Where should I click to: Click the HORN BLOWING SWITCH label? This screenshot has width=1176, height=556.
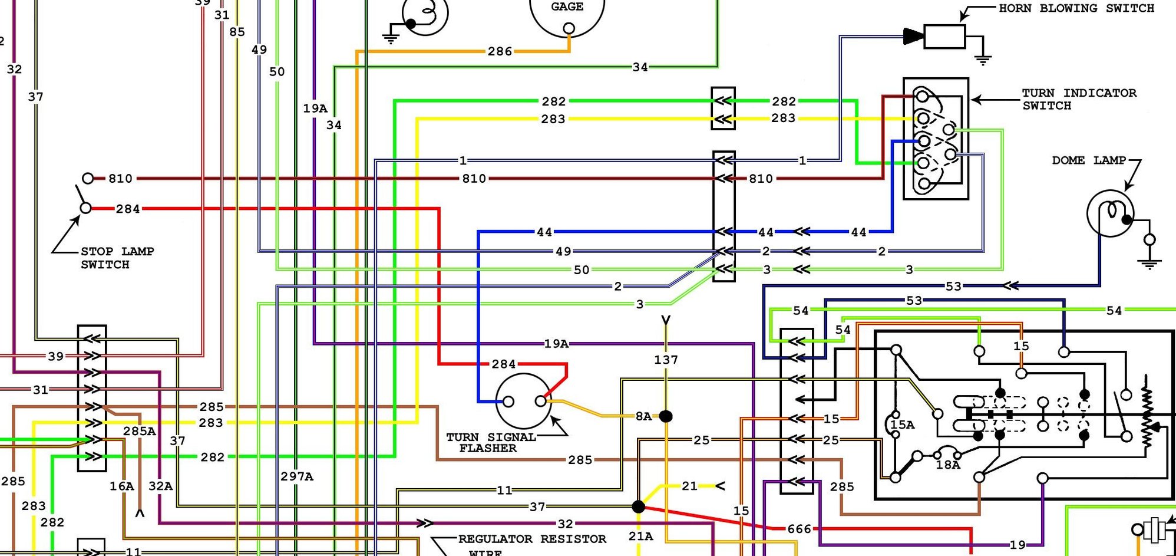click(x=1076, y=8)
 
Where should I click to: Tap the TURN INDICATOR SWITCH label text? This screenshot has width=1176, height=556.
click(x=1078, y=99)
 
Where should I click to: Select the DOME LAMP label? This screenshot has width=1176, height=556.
click(x=1088, y=160)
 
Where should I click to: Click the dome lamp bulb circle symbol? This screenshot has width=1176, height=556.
click(x=1110, y=213)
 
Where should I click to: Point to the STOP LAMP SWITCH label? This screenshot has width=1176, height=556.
click(x=117, y=258)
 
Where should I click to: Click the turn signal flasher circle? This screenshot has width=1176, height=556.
click(x=524, y=402)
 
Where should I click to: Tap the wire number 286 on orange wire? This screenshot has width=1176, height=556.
click(x=500, y=52)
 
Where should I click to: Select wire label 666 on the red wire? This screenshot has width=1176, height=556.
click(x=799, y=529)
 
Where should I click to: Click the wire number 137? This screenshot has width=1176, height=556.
click(x=666, y=360)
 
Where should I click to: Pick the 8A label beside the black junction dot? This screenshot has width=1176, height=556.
click(x=643, y=416)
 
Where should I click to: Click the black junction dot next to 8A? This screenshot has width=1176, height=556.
click(x=666, y=416)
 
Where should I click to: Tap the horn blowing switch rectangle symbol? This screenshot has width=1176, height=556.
click(x=944, y=37)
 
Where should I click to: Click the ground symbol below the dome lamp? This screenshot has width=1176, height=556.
click(x=1149, y=262)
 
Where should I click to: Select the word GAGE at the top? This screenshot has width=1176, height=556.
click(x=567, y=7)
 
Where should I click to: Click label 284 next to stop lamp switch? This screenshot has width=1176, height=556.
click(x=128, y=209)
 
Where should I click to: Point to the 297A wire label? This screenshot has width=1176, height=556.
click(x=297, y=476)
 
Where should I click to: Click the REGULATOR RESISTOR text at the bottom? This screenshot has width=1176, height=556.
click(x=531, y=539)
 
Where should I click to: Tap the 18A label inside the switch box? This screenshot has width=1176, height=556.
click(x=948, y=465)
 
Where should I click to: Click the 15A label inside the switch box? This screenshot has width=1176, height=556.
click(x=903, y=425)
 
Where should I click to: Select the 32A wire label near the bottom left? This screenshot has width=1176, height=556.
click(x=160, y=486)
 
